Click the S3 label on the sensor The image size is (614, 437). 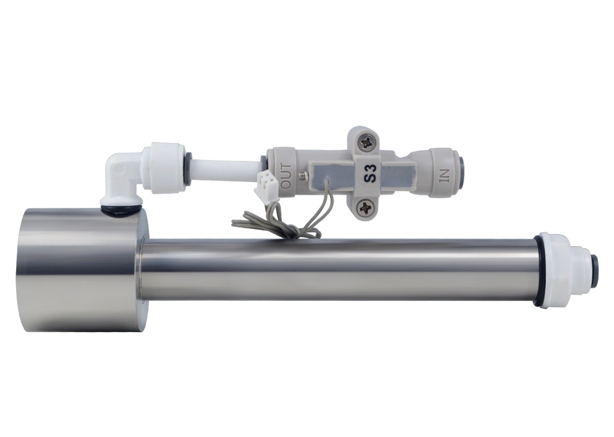[371, 173]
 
